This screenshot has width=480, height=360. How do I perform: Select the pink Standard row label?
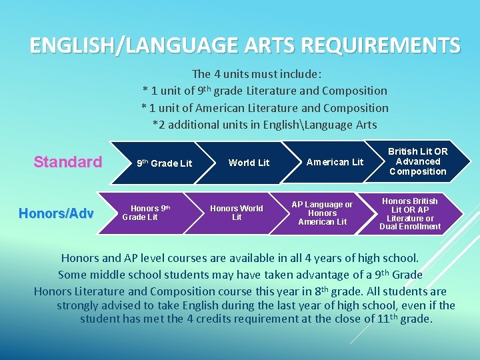pyautogui.click(x=68, y=162)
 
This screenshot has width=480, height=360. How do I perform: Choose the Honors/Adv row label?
pyautogui.click(x=57, y=213)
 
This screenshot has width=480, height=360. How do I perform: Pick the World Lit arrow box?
pyautogui.click(x=249, y=163)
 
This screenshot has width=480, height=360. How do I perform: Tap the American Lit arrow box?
pyautogui.click(x=335, y=162)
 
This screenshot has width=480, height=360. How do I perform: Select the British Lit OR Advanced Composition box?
pyautogui.click(x=418, y=161)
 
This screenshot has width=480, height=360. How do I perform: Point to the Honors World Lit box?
pyautogui.click(x=237, y=213)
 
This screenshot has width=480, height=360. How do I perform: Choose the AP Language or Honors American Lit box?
pyautogui.click(x=322, y=213)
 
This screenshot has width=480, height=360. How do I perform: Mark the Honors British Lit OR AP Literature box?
pyautogui.click(x=410, y=213)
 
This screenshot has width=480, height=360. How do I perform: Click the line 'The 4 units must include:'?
pyautogui.click(x=257, y=74)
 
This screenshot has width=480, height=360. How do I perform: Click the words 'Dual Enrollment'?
pyautogui.click(x=410, y=227)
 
